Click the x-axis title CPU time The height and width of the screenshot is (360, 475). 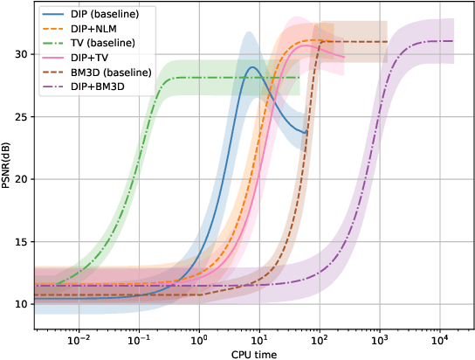(247, 353)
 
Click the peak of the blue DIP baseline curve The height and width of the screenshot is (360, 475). (252, 67)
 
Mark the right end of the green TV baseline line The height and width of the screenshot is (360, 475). (299, 78)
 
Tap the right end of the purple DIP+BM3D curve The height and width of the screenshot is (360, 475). (452, 41)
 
